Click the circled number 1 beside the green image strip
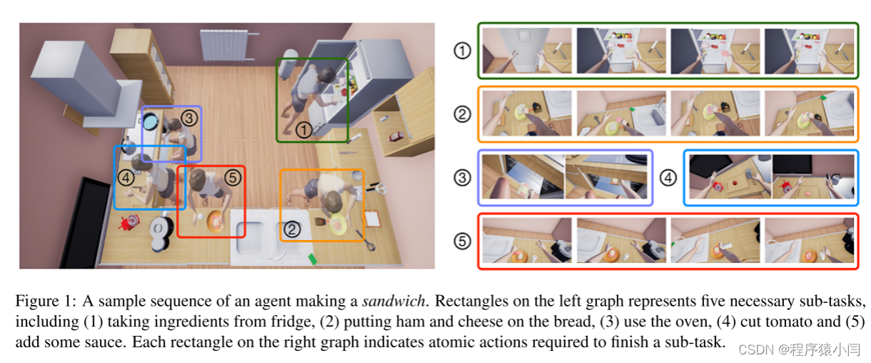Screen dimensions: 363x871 (x=463, y=51)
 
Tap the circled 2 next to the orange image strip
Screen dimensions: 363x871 (x=463, y=114)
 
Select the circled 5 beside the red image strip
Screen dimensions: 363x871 (x=463, y=242)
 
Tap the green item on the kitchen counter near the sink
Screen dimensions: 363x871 (x=311, y=257)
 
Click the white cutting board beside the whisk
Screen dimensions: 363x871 (x=372, y=218)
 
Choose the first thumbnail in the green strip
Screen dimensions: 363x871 (x=526, y=50)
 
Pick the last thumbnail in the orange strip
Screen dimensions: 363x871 (x=810, y=114)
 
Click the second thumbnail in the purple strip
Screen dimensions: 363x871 (x=606, y=177)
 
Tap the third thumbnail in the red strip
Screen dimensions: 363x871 (x=715, y=242)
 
